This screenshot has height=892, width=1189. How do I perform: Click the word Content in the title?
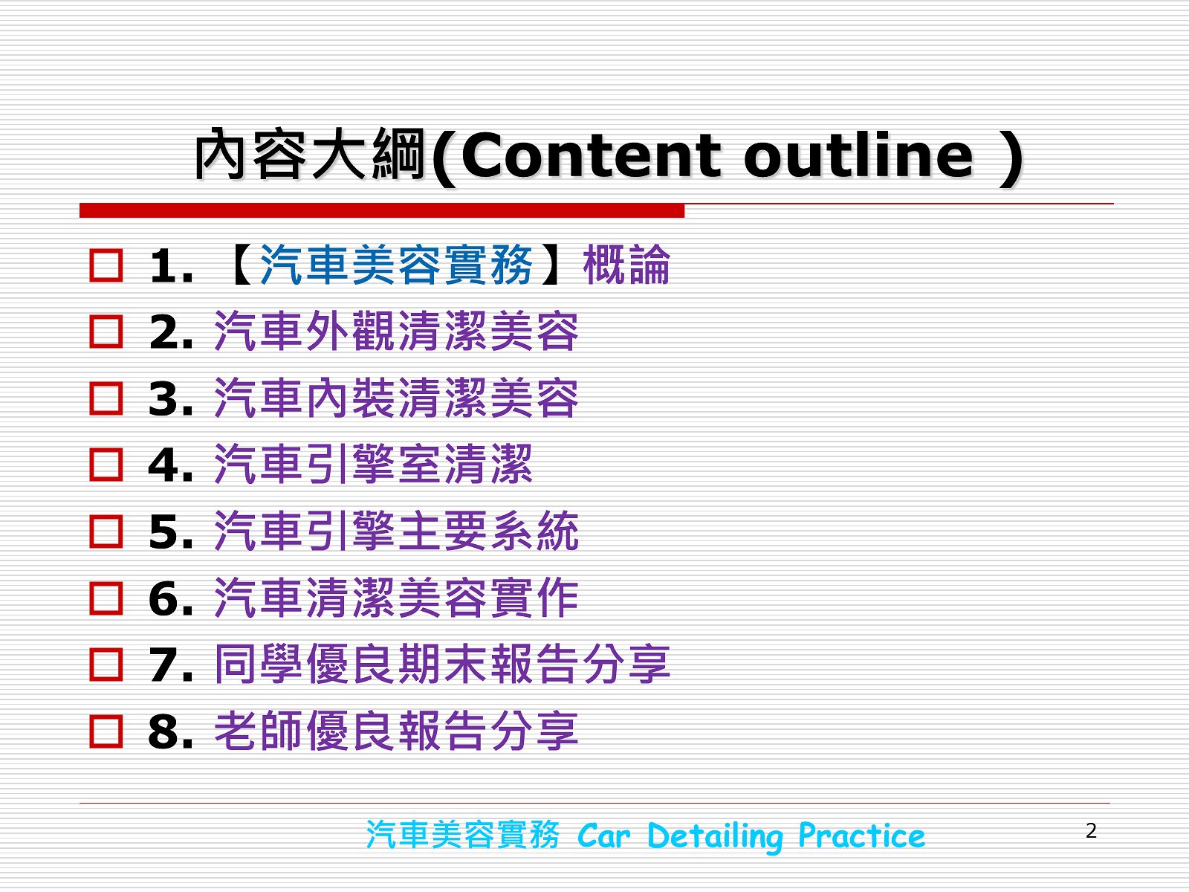pyautogui.click(x=591, y=156)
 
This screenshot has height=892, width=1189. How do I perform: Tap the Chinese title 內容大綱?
pyautogui.click(x=310, y=155)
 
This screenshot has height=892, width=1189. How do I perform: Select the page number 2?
pyautogui.click(x=1091, y=830)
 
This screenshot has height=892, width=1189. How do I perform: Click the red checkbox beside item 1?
pyautogui.click(x=106, y=265)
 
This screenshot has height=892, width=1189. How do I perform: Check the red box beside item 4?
pyautogui.click(x=106, y=465)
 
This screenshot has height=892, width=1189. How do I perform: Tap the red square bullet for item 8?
pyautogui.click(x=106, y=731)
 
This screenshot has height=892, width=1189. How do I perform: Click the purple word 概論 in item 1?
pyautogui.click(x=626, y=265)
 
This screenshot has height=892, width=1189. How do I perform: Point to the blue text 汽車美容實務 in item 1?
pyautogui.click(x=396, y=265)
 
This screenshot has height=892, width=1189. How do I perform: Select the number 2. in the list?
pyautogui.click(x=171, y=332)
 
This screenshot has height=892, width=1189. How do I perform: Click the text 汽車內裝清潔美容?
pyautogui.click(x=397, y=398)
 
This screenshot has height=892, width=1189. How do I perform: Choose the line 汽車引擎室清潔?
pyautogui.click(x=373, y=464)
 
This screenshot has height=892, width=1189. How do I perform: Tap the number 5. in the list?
pyautogui.click(x=171, y=531)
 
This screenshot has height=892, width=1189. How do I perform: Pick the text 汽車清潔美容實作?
pyautogui.click(x=397, y=598)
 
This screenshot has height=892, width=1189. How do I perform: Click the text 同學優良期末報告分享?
pyautogui.click(x=443, y=664)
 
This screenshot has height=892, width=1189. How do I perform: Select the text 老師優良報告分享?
pyautogui.click(x=397, y=731)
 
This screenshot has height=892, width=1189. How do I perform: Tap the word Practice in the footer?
pyautogui.click(x=862, y=836)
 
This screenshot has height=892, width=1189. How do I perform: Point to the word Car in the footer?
pyautogui.click(x=604, y=836)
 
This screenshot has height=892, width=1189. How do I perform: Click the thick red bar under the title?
pyautogui.click(x=382, y=210)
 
